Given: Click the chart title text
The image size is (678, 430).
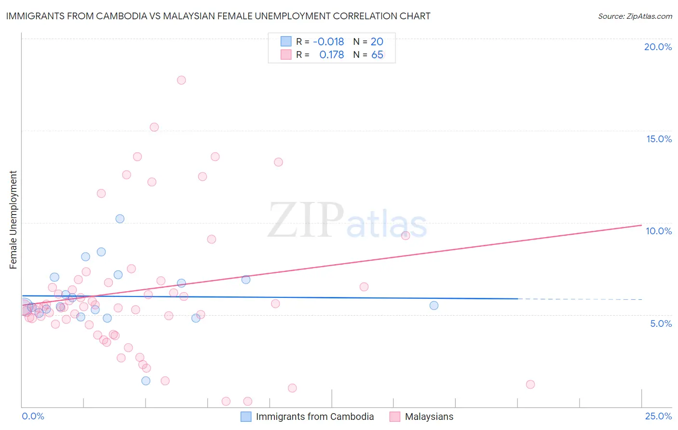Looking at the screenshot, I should click(218, 16).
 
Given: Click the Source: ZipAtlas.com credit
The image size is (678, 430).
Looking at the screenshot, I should click(635, 16).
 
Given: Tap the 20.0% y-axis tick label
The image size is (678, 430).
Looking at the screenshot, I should click(658, 47).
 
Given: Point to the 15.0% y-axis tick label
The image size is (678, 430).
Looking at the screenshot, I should click(659, 139).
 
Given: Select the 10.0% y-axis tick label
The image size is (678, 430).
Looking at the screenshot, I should click(659, 231).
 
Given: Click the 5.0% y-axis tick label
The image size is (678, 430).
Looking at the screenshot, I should click(661, 323).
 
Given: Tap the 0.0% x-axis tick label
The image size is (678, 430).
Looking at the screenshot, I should click(33, 416).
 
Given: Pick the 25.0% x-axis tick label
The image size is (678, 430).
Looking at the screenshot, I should click(658, 416).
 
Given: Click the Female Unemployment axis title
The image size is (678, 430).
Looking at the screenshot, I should click(13, 220).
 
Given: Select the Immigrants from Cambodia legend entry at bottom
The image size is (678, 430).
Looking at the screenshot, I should click(314, 417).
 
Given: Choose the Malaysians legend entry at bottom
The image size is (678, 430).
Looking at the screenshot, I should click(429, 417).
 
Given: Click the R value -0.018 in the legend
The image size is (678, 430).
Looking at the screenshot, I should click(328, 42).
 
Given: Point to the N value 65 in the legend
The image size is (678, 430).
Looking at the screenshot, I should click(377, 55).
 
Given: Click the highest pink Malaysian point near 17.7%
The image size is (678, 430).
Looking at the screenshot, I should click(181, 80).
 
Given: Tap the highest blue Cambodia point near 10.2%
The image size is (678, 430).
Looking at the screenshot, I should click(120, 219).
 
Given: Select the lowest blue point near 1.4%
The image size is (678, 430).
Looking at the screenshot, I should click(146, 381).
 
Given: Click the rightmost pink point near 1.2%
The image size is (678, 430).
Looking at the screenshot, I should click(530, 384).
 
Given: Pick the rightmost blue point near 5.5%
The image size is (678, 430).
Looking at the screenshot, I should click(434, 305).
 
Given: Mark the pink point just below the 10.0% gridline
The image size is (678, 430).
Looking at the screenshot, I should click(406, 235).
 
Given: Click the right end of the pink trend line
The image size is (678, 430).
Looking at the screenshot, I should click(641, 225).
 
